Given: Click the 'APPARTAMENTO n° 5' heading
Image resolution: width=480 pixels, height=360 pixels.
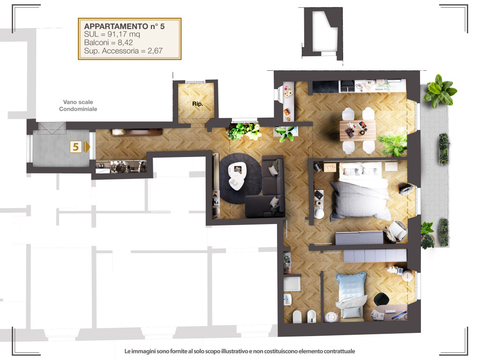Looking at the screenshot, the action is (x=124, y=26).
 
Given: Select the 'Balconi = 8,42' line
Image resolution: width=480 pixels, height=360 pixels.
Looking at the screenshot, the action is (x=108, y=43).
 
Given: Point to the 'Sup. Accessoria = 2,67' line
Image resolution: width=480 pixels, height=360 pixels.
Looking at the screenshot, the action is (x=123, y=51).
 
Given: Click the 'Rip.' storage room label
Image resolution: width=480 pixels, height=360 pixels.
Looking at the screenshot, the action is (x=197, y=104).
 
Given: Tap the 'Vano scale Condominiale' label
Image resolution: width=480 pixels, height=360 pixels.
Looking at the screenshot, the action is (x=78, y=105).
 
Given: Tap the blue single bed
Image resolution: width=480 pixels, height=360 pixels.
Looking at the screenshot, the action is (x=351, y=295).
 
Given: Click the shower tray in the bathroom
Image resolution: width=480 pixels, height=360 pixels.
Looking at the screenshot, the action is (x=292, y=284).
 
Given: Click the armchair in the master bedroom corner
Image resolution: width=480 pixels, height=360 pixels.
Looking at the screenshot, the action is (x=397, y=232).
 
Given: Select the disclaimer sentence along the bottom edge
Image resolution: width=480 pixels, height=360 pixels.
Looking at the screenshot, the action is (x=240, y=351).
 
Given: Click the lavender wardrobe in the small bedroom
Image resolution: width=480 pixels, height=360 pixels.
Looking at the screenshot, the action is (x=375, y=255).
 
